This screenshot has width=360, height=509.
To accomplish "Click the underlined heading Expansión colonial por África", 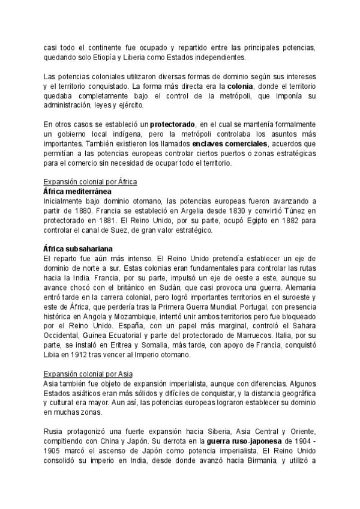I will tap(91, 182).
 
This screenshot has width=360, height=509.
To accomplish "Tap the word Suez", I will tap(116, 230).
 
